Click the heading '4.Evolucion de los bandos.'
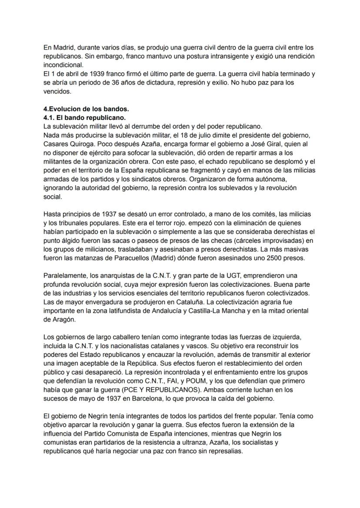pos(86,109)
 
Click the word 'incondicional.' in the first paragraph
pos(64,65)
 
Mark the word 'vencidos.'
pos(58,91)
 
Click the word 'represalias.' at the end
pos(225,451)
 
